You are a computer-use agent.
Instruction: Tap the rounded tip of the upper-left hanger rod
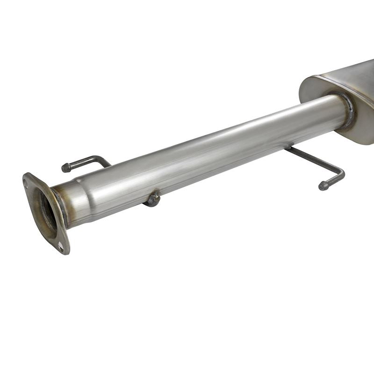pos(65,167)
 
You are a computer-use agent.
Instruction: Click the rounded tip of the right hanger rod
pos(323,186)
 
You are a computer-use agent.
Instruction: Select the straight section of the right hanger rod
pos(313,159)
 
